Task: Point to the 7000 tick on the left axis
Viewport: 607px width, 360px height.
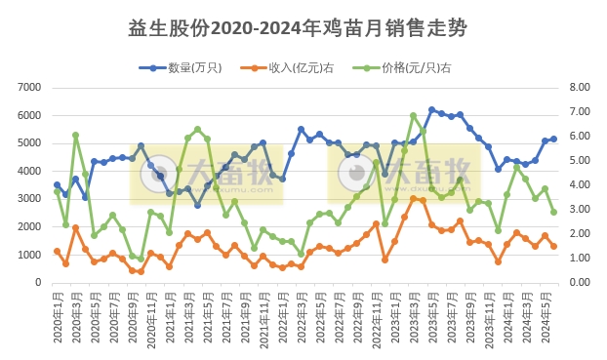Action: (26, 88)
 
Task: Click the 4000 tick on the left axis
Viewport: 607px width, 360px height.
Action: (26, 171)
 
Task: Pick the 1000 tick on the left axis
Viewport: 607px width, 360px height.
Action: (26, 255)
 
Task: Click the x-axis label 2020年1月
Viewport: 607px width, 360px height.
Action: (57, 314)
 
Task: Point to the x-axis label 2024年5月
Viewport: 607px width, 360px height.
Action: (553, 314)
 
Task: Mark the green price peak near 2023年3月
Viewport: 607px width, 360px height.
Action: (414, 115)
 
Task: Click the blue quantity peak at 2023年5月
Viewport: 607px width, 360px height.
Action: (431, 110)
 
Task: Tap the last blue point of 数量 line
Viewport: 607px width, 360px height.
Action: (553, 139)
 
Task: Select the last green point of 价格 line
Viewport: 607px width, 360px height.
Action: (553, 212)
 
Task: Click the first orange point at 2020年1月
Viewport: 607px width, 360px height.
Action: (57, 251)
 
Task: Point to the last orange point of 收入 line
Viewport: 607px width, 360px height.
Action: (553, 246)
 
